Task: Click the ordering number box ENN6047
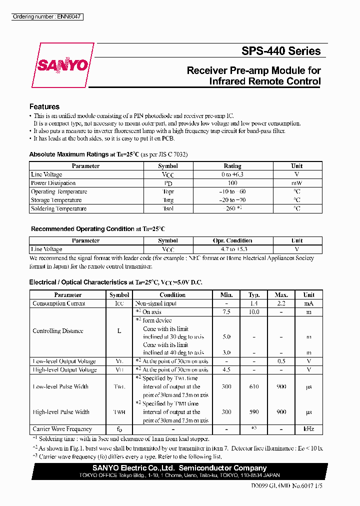pyautogui.click(x=47, y=17)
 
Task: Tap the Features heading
pyautogui.click(x=44, y=106)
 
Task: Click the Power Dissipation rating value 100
pyautogui.click(x=232, y=183)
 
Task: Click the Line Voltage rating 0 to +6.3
pyautogui.click(x=232, y=174)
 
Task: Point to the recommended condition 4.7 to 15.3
pyautogui.click(x=233, y=249)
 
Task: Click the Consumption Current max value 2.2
pyautogui.click(x=281, y=303)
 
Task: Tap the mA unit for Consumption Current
pyautogui.click(x=308, y=303)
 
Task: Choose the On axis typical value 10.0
pyautogui.click(x=253, y=312)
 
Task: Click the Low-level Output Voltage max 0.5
pyautogui.click(x=281, y=361)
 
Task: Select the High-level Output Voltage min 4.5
pyautogui.click(x=226, y=370)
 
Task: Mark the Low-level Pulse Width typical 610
pyautogui.click(x=253, y=386)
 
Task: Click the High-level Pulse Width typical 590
pyautogui.click(x=253, y=412)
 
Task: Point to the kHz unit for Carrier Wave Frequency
pyautogui.click(x=308, y=429)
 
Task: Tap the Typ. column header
pyautogui.click(x=253, y=295)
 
